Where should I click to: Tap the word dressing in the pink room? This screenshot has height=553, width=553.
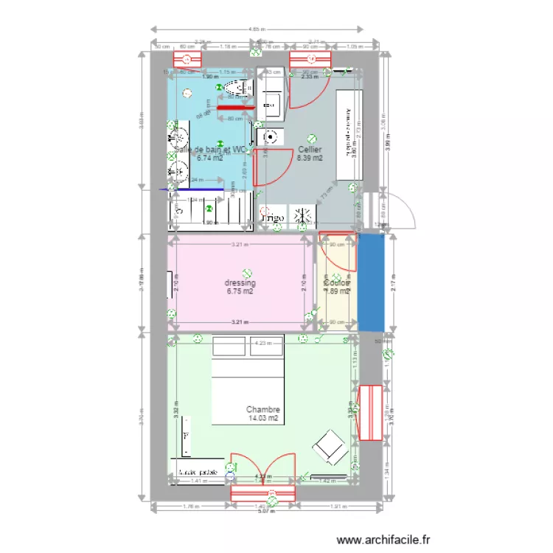[x=240, y=282]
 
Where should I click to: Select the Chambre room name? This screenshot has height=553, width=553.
[x=263, y=410]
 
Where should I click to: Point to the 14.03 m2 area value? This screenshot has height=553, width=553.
[x=263, y=419]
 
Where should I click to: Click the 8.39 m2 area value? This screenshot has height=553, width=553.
[x=310, y=158]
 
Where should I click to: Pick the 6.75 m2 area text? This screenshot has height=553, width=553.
[x=240, y=291]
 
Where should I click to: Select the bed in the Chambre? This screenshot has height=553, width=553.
[x=248, y=381]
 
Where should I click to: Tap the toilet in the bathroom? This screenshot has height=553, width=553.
[x=238, y=91]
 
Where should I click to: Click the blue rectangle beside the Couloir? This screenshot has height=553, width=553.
[x=371, y=282]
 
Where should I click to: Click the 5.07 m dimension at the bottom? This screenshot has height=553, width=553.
[x=264, y=512]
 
